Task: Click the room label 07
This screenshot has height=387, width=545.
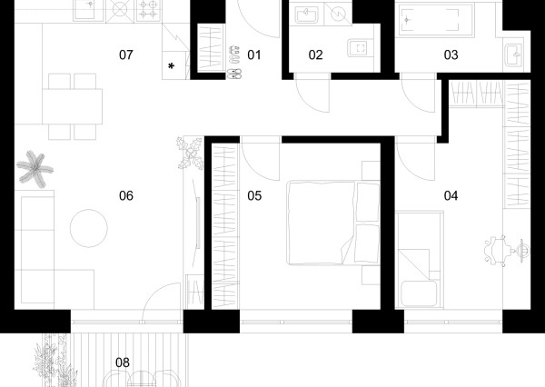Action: coord(126,55)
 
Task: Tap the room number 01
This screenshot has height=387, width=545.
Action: coord(254,55)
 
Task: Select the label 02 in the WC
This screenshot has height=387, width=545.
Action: coord(315,55)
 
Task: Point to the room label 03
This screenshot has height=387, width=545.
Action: coord(451,55)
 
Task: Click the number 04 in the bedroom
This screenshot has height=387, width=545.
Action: coord(451,195)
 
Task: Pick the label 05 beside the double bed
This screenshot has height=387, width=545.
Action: coord(254,195)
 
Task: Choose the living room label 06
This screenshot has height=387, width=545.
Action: coord(126,195)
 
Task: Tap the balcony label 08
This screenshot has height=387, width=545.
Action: coord(123,362)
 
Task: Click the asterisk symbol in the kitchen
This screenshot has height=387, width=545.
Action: coord(171,66)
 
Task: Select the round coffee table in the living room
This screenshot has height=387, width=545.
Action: coord(89,228)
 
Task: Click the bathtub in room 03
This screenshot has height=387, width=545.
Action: coord(436,20)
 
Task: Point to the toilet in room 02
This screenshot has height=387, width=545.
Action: coord(361,48)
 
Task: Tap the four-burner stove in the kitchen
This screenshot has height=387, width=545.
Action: coord(148,11)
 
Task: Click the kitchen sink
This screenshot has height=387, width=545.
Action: coord(88,10)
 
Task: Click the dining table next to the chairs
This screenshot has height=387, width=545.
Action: coord(73,106)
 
